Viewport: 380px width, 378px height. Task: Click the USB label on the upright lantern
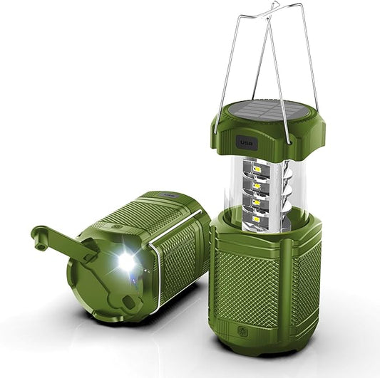tap(247, 142)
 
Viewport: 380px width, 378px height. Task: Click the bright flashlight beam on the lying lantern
tap(126, 262)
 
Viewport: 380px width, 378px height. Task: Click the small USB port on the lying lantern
tap(168, 194)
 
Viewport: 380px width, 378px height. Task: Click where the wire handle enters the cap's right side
tap(318, 135)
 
